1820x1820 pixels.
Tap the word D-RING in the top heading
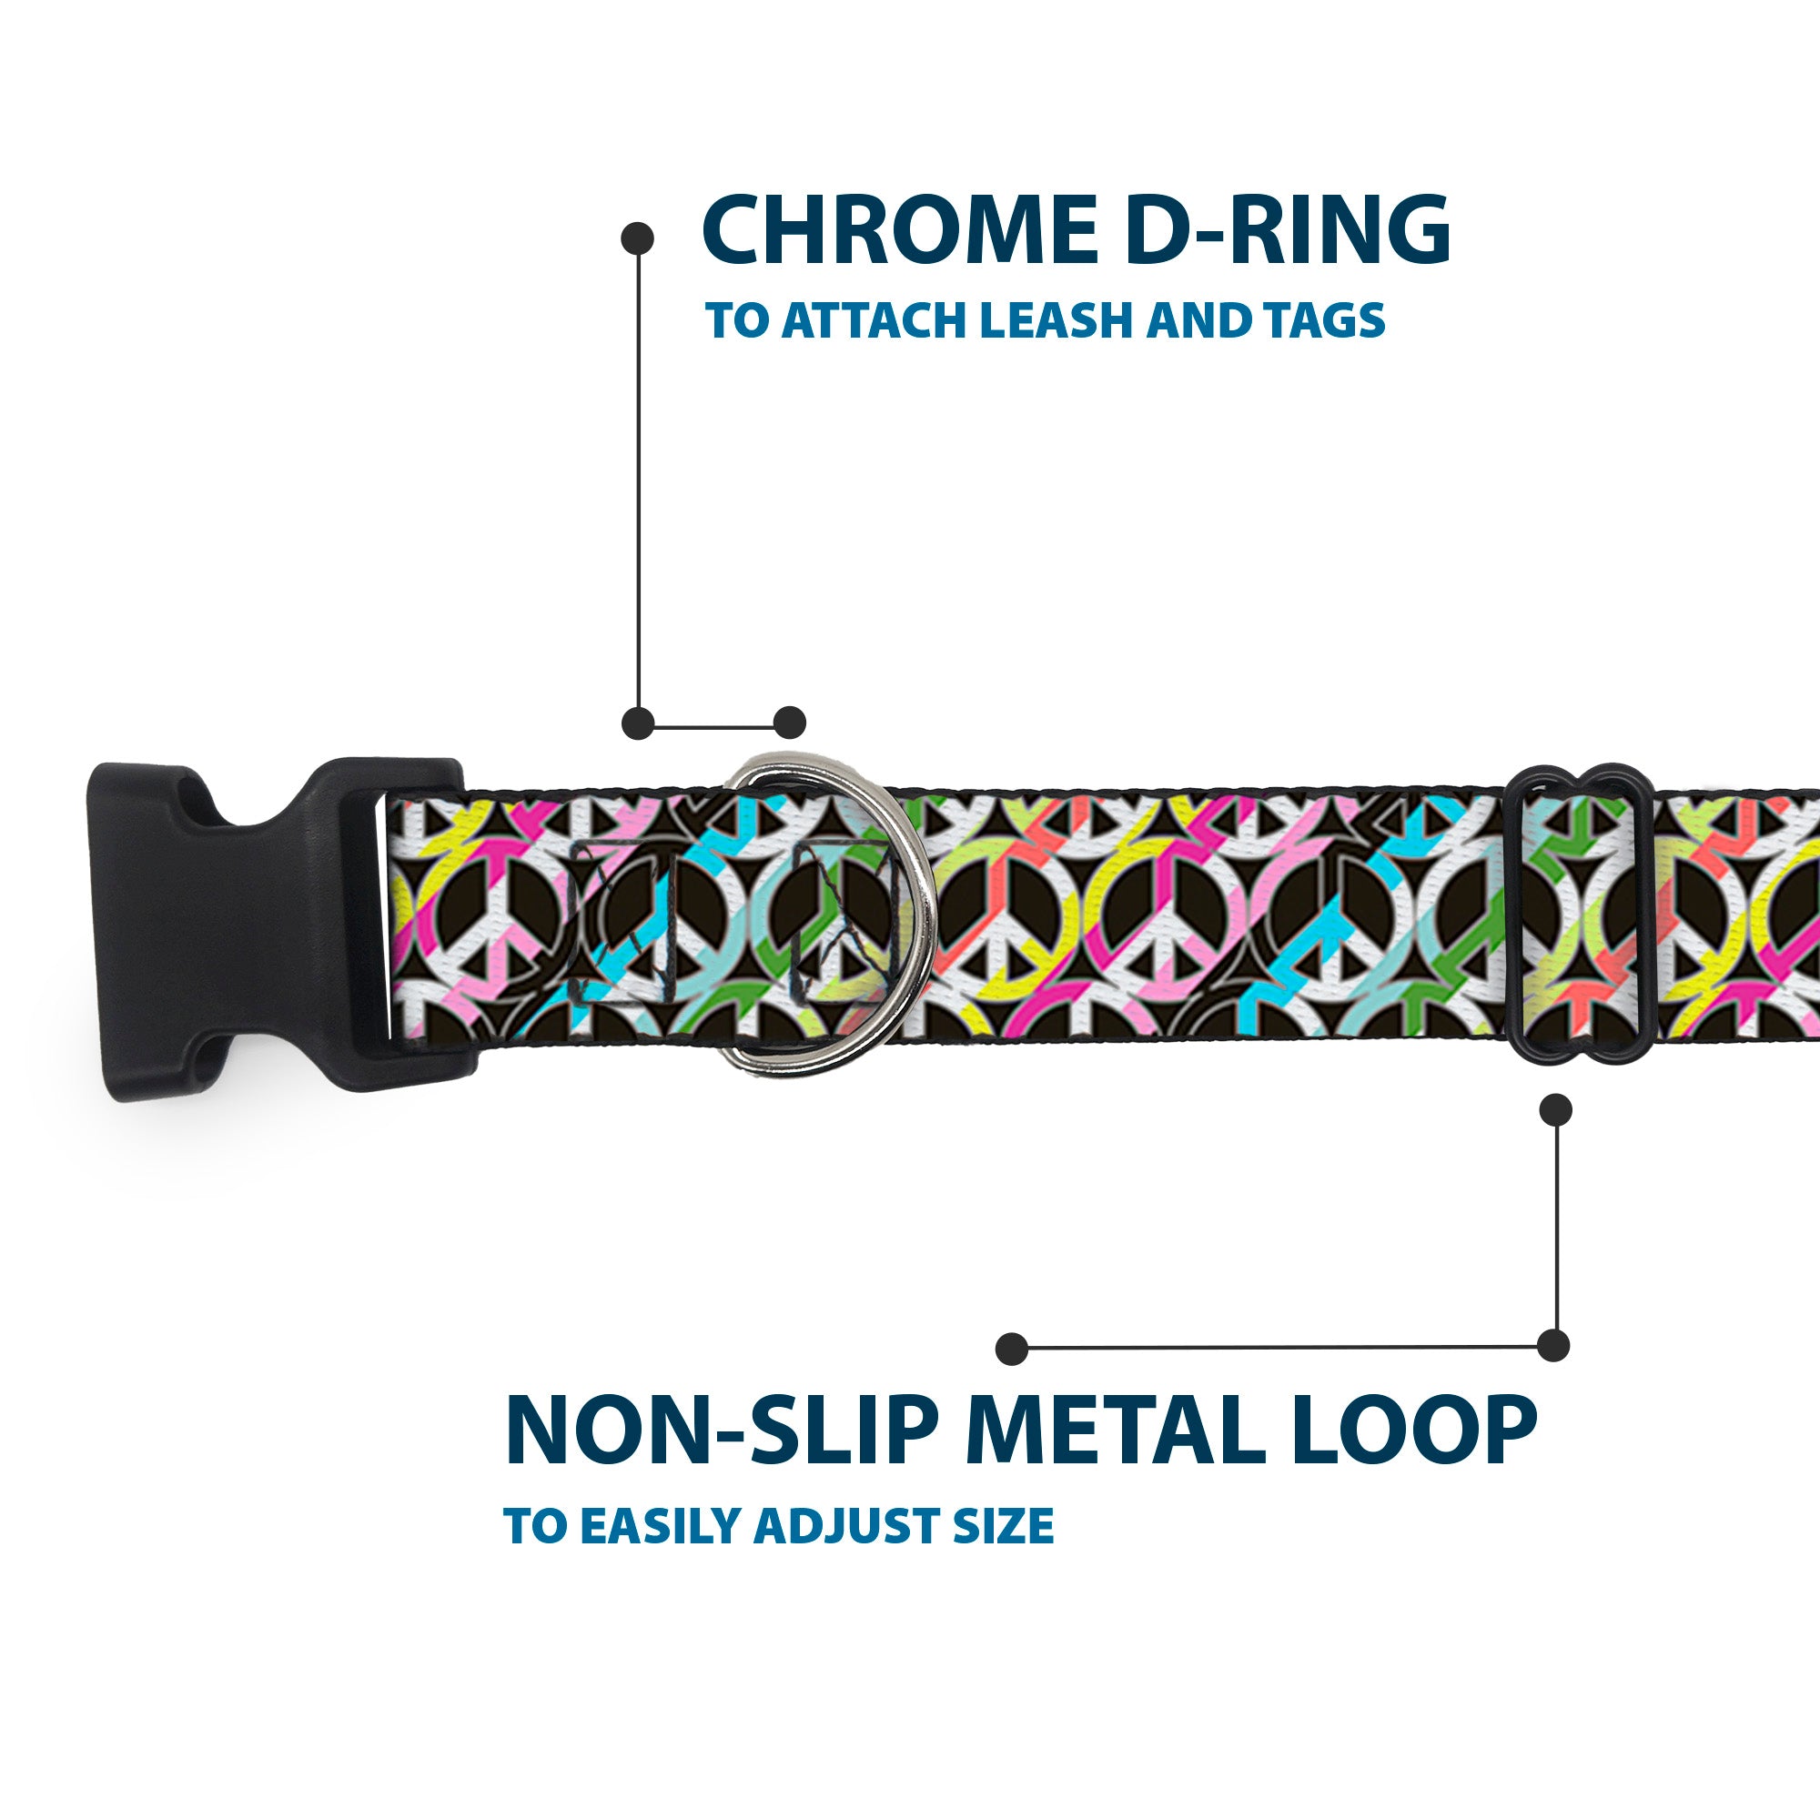click(x=1287, y=231)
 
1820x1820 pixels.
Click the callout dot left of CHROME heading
click(x=638, y=238)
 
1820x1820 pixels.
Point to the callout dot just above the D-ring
click(x=789, y=723)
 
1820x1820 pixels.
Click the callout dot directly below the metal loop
click(x=1555, y=1109)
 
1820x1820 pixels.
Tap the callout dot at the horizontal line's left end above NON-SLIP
click(x=1012, y=1348)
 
